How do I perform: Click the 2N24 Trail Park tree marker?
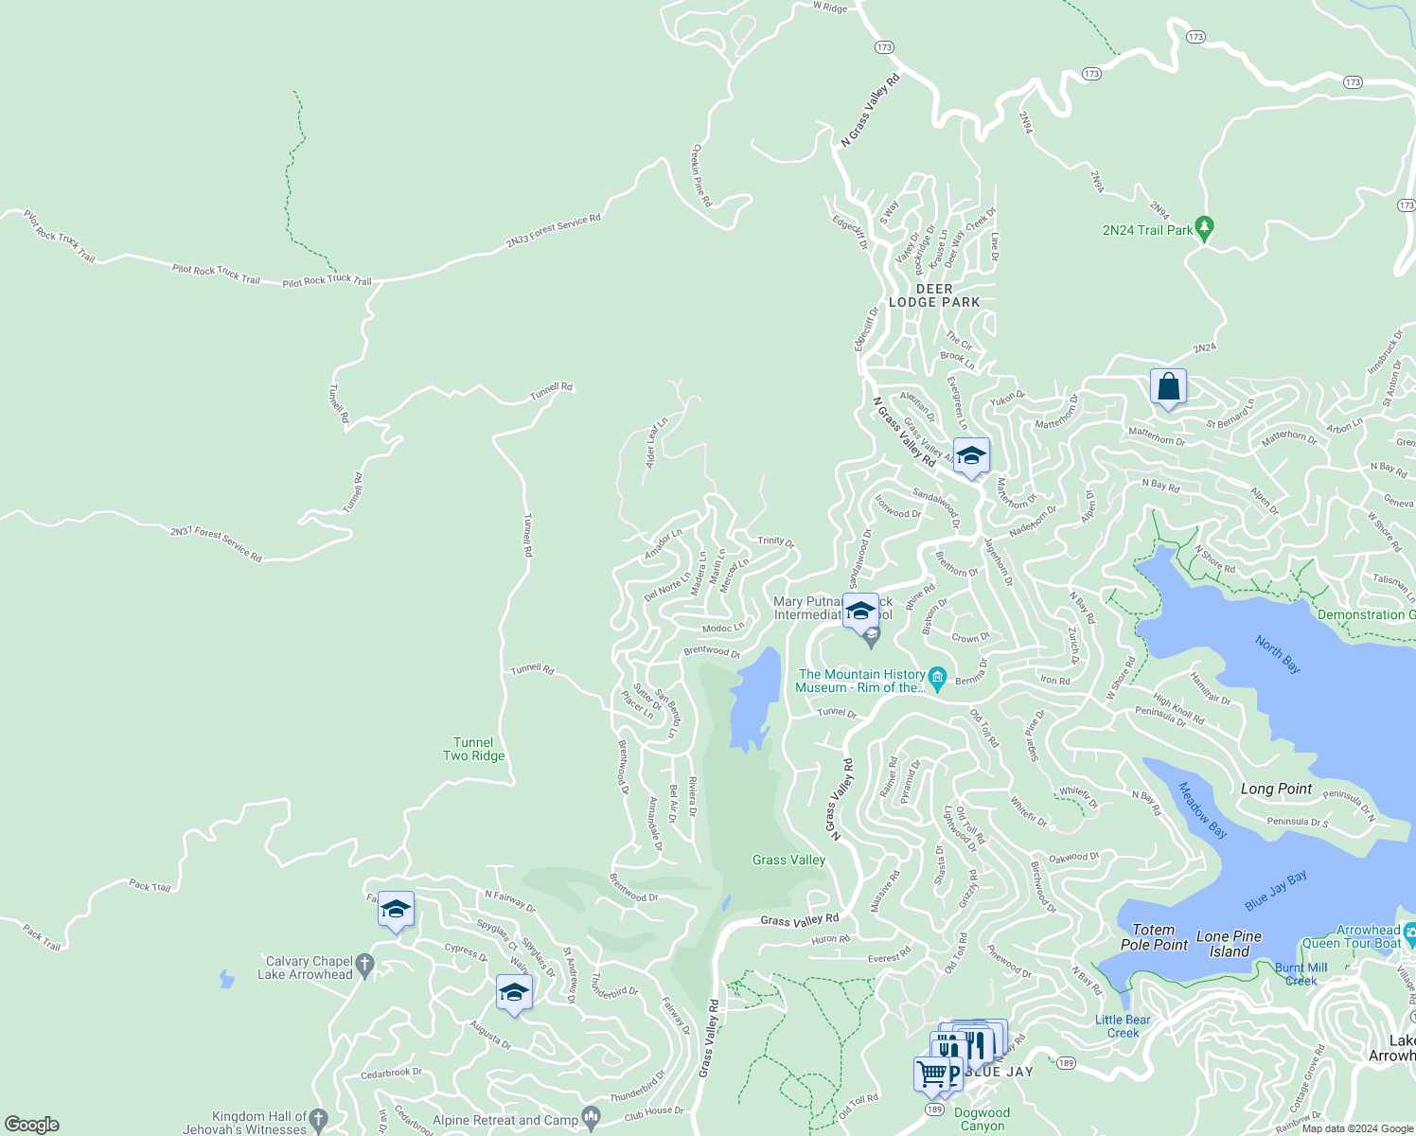click(x=1204, y=228)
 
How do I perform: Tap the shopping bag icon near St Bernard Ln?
click(x=1168, y=387)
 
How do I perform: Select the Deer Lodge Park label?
click(x=934, y=295)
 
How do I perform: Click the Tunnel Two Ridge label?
click(x=473, y=749)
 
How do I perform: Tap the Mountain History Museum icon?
click(x=937, y=677)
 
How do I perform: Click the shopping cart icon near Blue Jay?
click(x=931, y=1074)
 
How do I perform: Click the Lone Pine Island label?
click(x=1229, y=943)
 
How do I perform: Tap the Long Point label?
click(x=1276, y=789)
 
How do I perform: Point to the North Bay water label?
click(x=1278, y=654)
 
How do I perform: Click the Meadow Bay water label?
click(x=1202, y=810)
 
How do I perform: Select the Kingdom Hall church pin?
click(x=318, y=1120)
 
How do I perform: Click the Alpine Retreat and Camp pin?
click(x=592, y=1119)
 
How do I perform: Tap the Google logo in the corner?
click(x=32, y=1125)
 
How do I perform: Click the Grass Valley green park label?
click(x=788, y=860)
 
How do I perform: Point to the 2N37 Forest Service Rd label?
click(x=216, y=544)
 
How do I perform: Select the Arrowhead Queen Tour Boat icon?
click(x=1409, y=932)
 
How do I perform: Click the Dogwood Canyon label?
click(x=982, y=1119)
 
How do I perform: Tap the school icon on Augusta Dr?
click(x=513, y=993)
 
